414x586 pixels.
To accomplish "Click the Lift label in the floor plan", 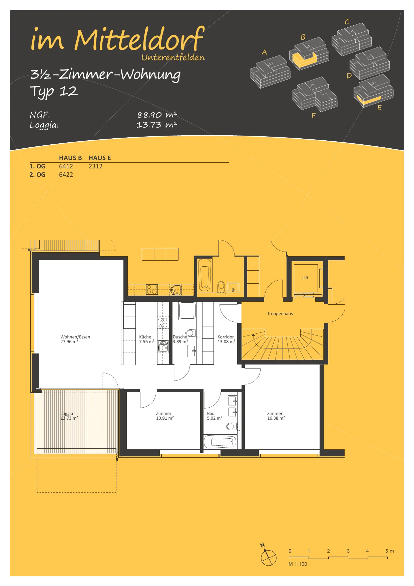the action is click(x=305, y=278).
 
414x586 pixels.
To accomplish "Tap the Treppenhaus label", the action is click(x=280, y=313).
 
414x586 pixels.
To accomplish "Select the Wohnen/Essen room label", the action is click(x=75, y=337).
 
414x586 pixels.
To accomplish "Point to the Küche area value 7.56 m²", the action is click(x=147, y=342).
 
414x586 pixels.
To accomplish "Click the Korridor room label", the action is click(x=226, y=337).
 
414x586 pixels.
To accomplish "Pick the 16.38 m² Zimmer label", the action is click(x=276, y=416).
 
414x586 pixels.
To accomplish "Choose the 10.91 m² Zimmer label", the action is click(x=165, y=416).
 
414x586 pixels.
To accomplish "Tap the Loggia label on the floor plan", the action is click(x=67, y=413).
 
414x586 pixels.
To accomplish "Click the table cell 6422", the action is click(x=66, y=174).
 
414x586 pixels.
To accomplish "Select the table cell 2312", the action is click(x=95, y=166).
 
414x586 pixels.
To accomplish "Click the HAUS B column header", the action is click(x=70, y=158).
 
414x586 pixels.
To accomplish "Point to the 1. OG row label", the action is click(x=37, y=166).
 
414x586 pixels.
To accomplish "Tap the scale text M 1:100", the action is click(x=298, y=564).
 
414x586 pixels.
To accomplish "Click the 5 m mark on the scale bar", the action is click(x=389, y=551).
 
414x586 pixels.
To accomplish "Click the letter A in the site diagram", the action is click(x=265, y=52).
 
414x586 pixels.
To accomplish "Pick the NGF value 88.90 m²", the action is click(x=157, y=115).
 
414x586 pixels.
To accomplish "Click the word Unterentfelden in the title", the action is click(x=173, y=57).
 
